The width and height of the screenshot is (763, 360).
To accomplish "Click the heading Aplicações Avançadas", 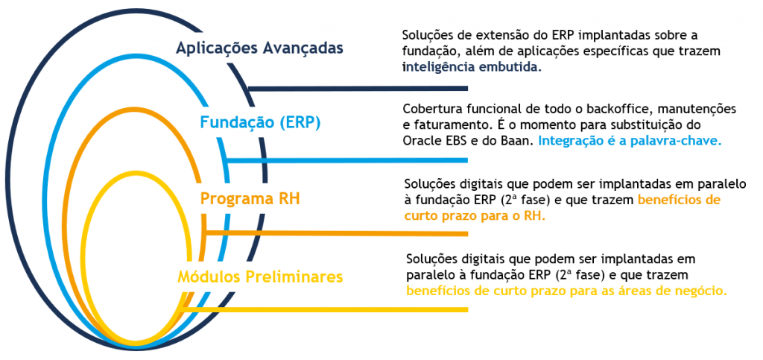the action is pyautogui.click(x=260, y=48).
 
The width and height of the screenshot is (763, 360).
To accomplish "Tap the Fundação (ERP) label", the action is pyautogui.click(x=260, y=123).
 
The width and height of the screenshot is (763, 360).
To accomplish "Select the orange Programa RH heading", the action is pyautogui.click(x=250, y=199).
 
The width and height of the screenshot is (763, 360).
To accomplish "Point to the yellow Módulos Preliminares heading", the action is pyautogui.click(x=260, y=277).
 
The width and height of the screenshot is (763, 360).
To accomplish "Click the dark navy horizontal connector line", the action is pyautogui.click(x=358, y=89).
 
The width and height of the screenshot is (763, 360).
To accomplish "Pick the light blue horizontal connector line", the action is pyautogui.click(x=348, y=160).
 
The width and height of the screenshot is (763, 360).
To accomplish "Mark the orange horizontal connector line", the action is pyautogui.click(x=337, y=233).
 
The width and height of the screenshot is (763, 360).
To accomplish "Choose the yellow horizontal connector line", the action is pyautogui.click(x=324, y=309).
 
